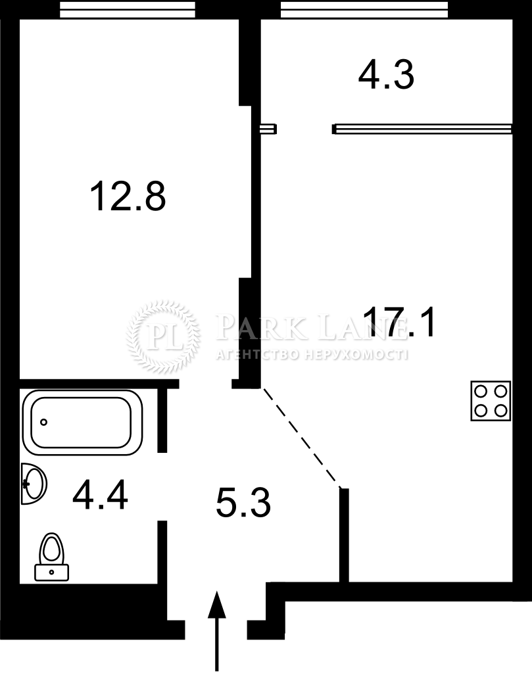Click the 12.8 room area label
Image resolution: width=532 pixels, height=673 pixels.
click(x=128, y=196)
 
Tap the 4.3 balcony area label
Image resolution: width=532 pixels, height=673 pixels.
click(x=386, y=75)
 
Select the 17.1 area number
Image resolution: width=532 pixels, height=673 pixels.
click(x=399, y=322)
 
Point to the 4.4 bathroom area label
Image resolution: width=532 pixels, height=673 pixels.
click(x=100, y=494)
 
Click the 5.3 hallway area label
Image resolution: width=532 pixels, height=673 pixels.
click(x=243, y=503)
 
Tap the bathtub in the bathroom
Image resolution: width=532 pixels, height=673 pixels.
click(x=82, y=423)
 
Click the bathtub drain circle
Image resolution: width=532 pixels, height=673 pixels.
click(x=43, y=423)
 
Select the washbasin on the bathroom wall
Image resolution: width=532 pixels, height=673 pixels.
click(x=34, y=484)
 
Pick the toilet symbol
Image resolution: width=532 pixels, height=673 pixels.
click(x=51, y=557)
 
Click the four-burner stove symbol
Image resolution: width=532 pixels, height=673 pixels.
click(x=491, y=401)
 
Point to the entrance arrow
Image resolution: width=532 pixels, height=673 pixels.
click(x=217, y=631)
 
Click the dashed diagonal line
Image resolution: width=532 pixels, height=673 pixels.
click(x=301, y=438)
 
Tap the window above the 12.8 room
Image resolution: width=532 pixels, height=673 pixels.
click(x=127, y=9)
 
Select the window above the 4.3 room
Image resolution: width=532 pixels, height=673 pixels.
click(x=364, y=9)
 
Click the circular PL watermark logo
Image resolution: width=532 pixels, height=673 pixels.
click(x=164, y=336)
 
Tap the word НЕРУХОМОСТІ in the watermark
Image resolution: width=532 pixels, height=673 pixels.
click(x=356, y=354)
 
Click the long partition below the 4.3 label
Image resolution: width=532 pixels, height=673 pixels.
click(x=422, y=129)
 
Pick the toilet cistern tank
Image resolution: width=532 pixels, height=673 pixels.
click(x=51, y=572)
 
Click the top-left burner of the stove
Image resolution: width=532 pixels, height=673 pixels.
click(x=481, y=392)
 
